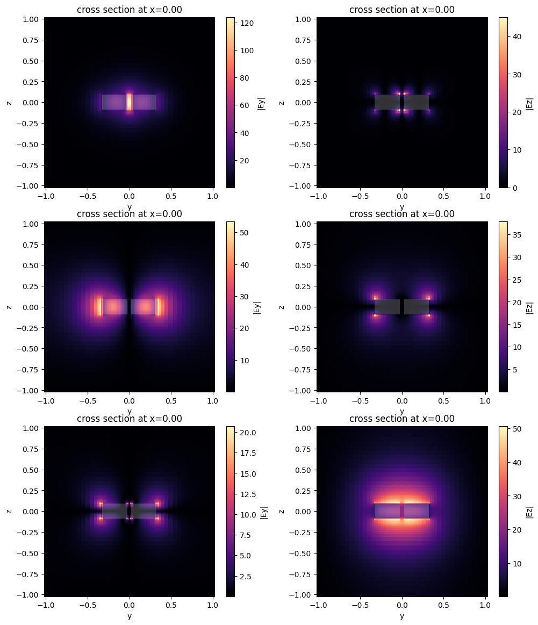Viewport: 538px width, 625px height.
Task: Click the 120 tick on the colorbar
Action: point(242,23)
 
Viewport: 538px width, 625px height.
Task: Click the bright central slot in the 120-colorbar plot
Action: point(130,102)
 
